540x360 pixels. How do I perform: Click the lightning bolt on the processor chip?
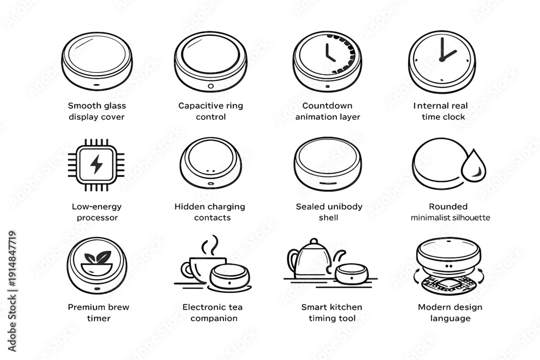click(97, 164)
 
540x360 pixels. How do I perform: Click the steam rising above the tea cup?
click(210, 245)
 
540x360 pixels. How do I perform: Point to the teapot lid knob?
click(314, 241)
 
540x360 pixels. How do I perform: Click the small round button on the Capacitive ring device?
click(211, 86)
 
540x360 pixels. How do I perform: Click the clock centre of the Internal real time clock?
click(442, 59)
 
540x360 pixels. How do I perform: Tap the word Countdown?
click(327, 106)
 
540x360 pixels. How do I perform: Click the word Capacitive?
click(198, 106)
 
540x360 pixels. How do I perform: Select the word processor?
click(97, 218)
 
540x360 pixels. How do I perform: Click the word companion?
click(214, 318)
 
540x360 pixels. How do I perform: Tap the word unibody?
click(345, 207)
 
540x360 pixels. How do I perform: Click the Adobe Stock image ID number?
click(12, 259)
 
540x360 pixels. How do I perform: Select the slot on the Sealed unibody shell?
click(328, 183)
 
